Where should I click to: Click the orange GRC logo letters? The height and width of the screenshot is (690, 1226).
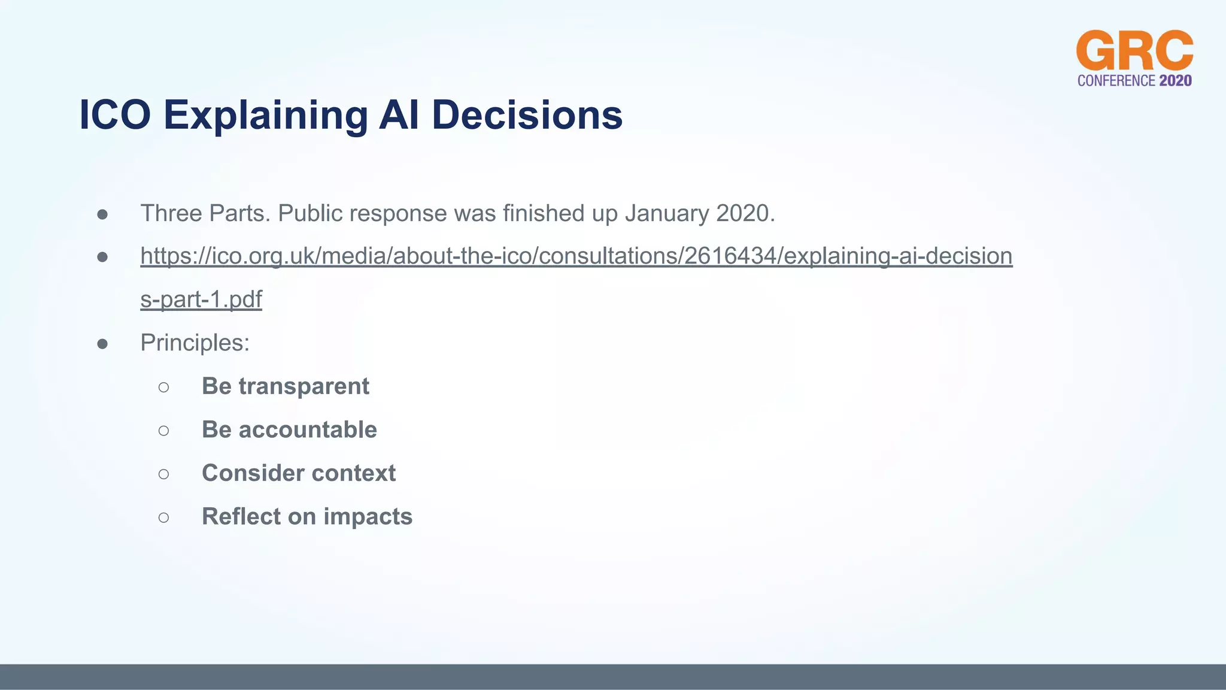tap(1134, 51)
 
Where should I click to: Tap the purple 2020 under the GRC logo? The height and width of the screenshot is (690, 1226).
tap(1175, 81)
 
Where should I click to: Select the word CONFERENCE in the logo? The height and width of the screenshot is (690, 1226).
tap(1116, 81)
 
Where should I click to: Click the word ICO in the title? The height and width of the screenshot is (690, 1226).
tap(115, 114)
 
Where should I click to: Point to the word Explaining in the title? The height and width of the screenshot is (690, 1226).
tap(266, 116)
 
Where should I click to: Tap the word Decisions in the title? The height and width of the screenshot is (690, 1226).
tap(527, 114)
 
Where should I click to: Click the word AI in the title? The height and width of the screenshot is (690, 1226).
tap(399, 114)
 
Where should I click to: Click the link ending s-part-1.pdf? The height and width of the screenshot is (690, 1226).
tap(201, 299)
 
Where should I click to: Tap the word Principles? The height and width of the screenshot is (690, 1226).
tap(195, 343)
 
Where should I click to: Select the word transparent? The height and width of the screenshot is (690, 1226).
tap(304, 386)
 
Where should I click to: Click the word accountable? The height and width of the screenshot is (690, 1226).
tap(308, 429)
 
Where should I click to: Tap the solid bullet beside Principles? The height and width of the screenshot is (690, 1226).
tap(102, 344)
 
